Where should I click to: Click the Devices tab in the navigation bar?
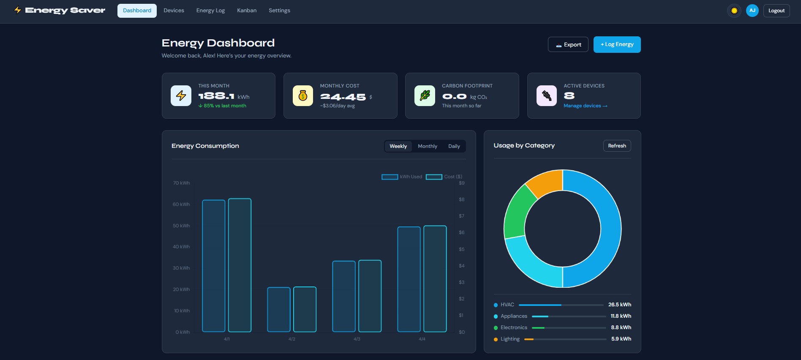point(174,11)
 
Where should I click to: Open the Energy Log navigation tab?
point(210,11)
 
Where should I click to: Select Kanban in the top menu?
point(247,11)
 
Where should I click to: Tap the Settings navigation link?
point(279,11)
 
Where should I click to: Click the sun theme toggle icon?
point(734,11)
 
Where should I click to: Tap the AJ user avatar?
point(752,11)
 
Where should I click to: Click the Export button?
point(568,44)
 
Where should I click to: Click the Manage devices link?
point(585,106)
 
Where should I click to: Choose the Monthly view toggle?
point(427,146)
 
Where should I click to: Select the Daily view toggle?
point(454,146)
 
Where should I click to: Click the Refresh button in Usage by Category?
point(617,146)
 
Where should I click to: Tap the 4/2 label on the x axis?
point(292,339)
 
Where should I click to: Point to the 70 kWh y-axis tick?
point(181,183)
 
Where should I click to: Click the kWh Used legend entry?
point(402,177)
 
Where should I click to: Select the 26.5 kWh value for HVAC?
point(619,305)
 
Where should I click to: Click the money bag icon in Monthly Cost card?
point(303,96)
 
